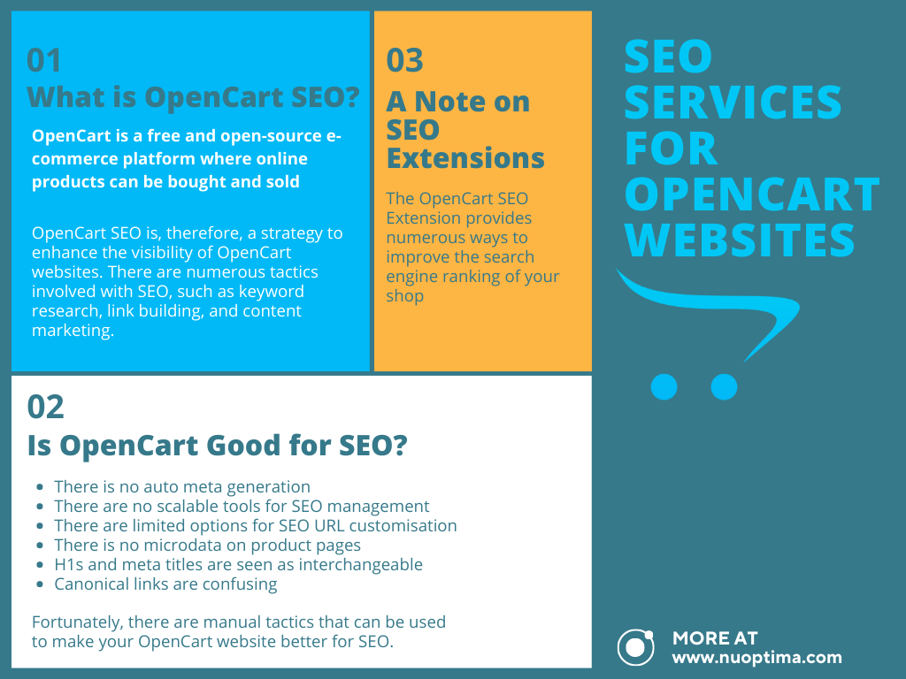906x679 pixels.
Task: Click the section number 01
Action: pos(43,60)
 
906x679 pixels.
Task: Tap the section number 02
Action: pos(45,407)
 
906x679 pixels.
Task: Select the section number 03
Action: pos(404,60)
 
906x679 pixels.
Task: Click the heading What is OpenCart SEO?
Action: pos(193,96)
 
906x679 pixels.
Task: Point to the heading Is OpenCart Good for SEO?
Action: pos(218,446)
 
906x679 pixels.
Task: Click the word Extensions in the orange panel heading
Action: pos(465,157)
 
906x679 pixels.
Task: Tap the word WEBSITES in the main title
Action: pos(740,240)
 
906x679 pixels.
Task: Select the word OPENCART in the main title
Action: pos(752,194)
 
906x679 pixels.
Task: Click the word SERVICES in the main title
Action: pos(733,103)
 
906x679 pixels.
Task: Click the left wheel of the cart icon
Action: pos(664,387)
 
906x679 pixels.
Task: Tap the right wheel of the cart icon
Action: pos(724,387)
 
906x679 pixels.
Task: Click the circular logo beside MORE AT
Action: pos(635,647)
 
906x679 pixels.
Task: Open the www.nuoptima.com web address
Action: pos(757,658)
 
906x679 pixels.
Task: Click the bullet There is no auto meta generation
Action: pos(182,487)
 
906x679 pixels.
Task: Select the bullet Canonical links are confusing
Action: pos(165,584)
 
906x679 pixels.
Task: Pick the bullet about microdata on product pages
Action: pos(207,545)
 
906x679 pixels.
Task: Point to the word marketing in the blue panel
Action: pos(73,331)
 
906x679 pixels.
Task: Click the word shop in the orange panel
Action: pos(405,295)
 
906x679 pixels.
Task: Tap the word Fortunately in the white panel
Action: pos(78,622)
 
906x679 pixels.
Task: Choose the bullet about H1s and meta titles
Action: pos(238,564)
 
